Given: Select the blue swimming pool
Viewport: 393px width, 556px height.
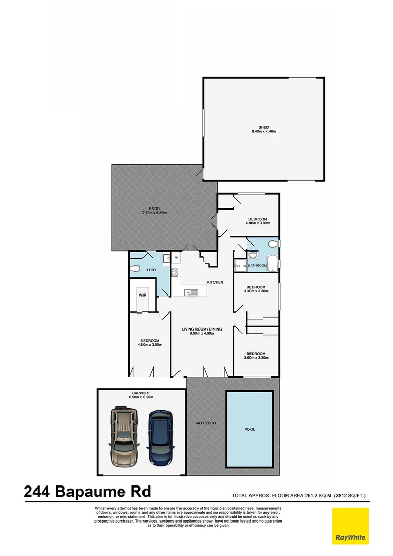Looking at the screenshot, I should pos(249,429).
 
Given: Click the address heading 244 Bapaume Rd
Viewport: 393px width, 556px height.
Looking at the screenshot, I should pos(87,492).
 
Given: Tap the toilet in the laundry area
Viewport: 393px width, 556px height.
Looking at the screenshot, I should pos(135,268).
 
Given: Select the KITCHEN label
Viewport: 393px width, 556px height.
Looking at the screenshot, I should pos(215,282).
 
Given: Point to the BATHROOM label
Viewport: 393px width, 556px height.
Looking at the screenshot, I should pos(258,266).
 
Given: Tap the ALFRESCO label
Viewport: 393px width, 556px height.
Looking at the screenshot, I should pos(206,423).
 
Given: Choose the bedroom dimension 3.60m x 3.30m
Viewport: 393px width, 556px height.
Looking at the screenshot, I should pos(256,358).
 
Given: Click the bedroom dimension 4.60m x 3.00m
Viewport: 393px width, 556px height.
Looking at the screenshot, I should pos(150,345).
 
